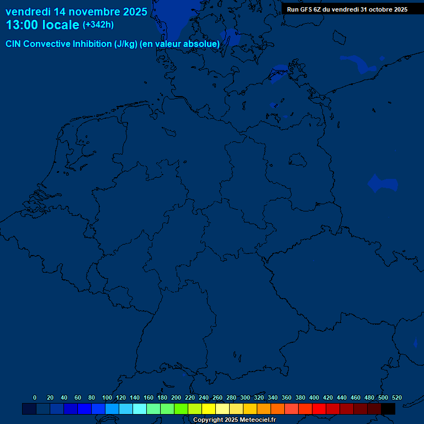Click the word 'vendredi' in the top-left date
click(28, 12)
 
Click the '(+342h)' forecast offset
click(98, 25)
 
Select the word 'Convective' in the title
click(48, 44)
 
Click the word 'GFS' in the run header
click(308, 9)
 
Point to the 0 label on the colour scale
click(35, 397)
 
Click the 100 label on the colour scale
click(107, 397)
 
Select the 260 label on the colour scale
click(217, 397)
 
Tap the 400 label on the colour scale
click(314, 397)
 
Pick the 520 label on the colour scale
click(396, 397)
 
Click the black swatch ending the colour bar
click(388, 409)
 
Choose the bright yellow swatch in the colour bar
click(209, 409)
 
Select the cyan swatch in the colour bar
click(140, 409)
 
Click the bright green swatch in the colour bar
click(181, 409)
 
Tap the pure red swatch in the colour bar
click(319, 409)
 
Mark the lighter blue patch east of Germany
click(383, 184)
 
